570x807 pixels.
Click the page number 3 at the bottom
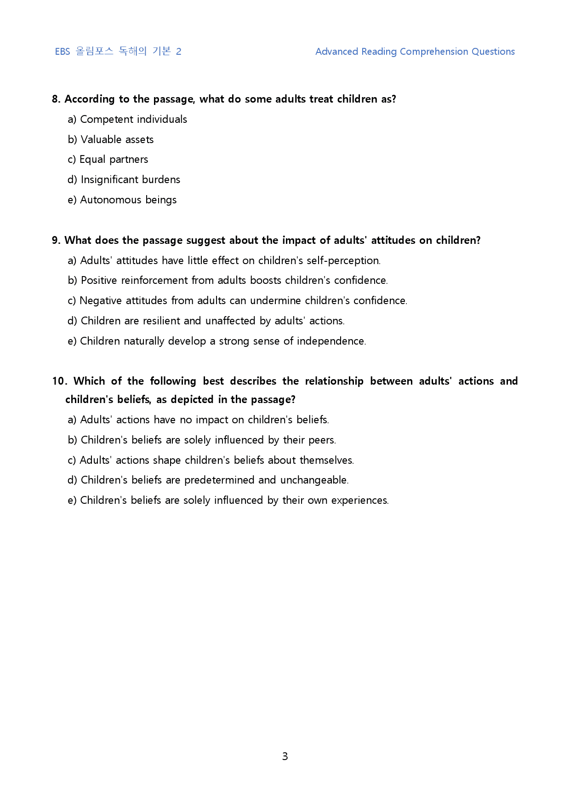(285, 756)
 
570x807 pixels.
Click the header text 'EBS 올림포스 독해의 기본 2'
(118, 51)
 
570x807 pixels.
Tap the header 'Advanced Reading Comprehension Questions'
(415, 52)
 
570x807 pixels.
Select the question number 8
(56, 99)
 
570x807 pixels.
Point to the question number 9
(56, 240)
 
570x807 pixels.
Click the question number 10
(59, 381)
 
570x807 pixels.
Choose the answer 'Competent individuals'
(133, 119)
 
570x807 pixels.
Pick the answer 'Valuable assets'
(117, 139)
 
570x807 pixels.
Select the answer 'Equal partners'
(114, 159)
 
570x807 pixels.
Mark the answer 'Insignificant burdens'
(130, 179)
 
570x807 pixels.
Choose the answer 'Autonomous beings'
(128, 200)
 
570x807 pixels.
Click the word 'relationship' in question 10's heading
(334, 381)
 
